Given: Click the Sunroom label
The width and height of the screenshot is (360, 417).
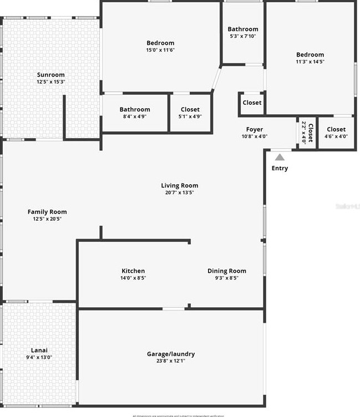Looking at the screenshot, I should pyautogui.click(x=50, y=75).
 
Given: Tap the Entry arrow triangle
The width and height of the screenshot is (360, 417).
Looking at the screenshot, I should pyautogui.click(x=280, y=157).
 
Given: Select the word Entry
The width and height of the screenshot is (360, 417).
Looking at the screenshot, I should pyautogui.click(x=280, y=168).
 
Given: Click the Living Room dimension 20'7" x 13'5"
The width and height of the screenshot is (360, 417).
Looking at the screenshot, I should pyautogui.click(x=179, y=193).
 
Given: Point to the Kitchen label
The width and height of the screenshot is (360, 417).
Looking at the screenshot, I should pyautogui.click(x=133, y=271).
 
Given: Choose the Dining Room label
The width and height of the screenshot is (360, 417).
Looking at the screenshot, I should pyautogui.click(x=226, y=271).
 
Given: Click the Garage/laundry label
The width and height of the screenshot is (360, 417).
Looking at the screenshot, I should pyautogui.click(x=171, y=354).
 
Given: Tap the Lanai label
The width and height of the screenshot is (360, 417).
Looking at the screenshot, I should pyautogui.click(x=39, y=350).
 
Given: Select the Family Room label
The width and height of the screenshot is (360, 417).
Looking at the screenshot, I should pyautogui.click(x=47, y=211).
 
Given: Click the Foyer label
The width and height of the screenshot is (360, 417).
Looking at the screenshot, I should pyautogui.click(x=255, y=129).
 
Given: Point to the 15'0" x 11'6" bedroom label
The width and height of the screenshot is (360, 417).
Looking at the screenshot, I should pyautogui.click(x=160, y=43).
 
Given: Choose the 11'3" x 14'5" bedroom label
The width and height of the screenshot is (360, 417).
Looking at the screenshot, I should pyautogui.click(x=310, y=54).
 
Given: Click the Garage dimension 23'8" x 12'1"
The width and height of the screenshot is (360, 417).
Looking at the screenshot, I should pyautogui.click(x=171, y=361).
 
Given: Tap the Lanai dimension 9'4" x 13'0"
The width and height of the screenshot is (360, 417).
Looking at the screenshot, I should pyautogui.click(x=39, y=357).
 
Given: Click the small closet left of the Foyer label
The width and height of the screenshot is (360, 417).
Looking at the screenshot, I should pyautogui.click(x=252, y=103).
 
